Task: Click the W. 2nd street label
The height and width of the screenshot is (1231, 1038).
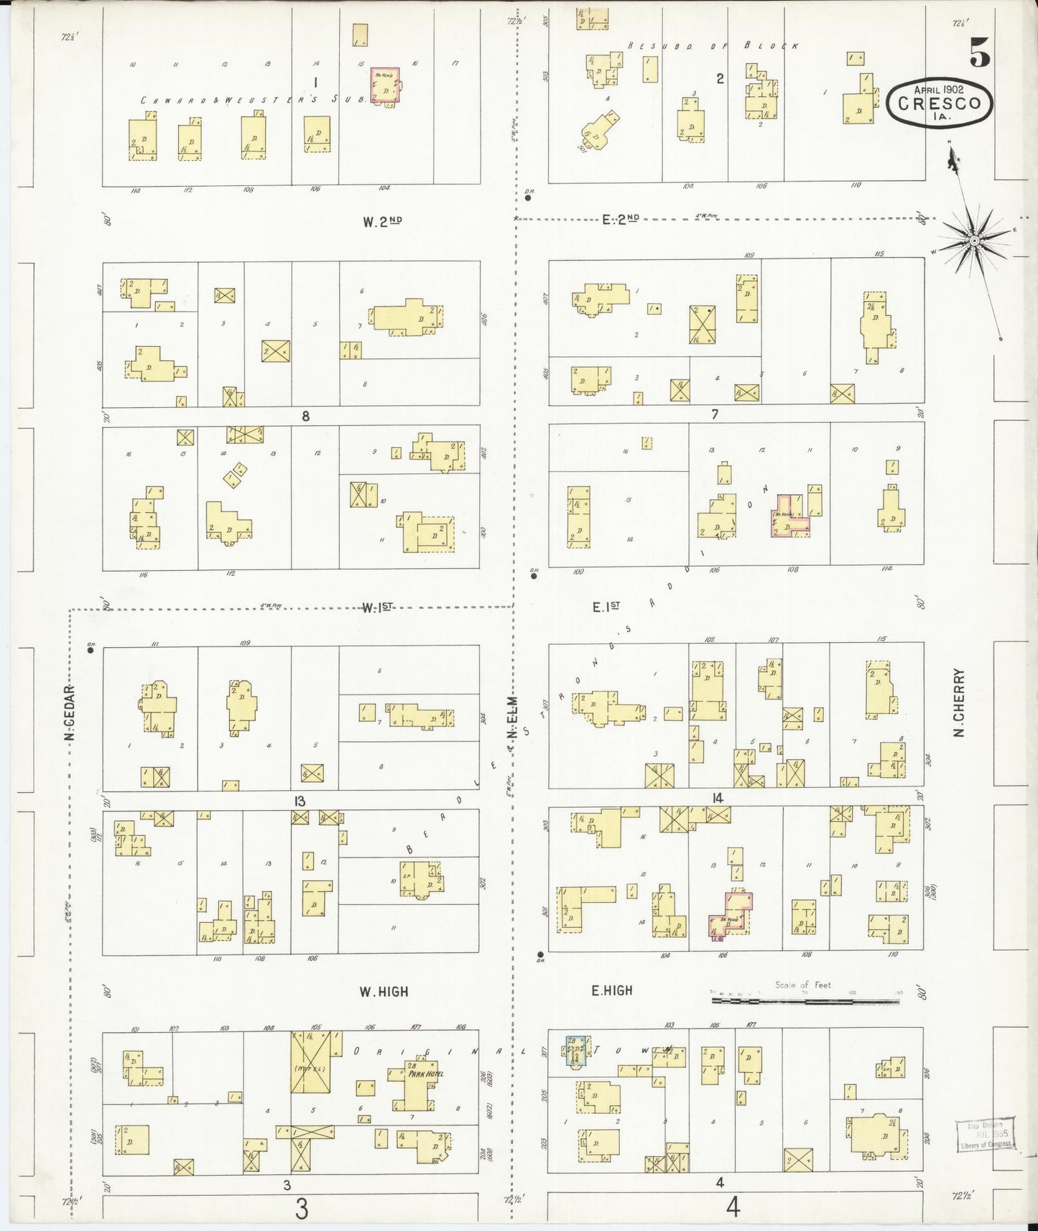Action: click(x=382, y=222)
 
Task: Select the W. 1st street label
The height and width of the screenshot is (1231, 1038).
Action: click(x=377, y=608)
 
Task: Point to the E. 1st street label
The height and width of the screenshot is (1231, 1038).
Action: click(x=606, y=608)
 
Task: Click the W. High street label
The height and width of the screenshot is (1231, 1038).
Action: click(x=384, y=992)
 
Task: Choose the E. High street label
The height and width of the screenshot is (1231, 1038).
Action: click(x=612, y=990)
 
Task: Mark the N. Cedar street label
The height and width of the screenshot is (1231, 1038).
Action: click(x=70, y=711)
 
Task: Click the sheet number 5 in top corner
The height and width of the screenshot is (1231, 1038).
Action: click(x=978, y=53)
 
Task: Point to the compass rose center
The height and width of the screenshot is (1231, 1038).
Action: click(x=974, y=241)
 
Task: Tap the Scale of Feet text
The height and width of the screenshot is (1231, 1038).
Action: click(x=802, y=985)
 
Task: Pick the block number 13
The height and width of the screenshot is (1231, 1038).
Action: click(x=299, y=802)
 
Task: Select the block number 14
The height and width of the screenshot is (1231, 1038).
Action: click(x=718, y=798)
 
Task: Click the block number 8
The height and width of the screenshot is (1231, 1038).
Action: click(x=305, y=416)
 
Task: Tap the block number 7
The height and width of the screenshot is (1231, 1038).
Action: click(x=714, y=414)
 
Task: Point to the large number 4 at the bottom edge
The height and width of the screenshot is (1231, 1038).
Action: click(x=733, y=1209)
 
